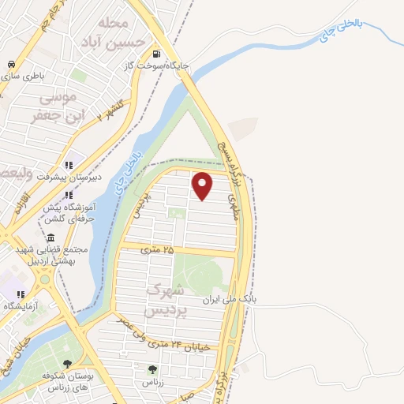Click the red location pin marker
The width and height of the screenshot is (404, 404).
(x=203, y=185)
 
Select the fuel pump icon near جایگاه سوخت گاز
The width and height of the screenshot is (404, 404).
(x=156, y=54)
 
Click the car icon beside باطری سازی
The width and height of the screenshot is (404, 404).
(x=9, y=64)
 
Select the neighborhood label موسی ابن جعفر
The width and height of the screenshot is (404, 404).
(x=54, y=107)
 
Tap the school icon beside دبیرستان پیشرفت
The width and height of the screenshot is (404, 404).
(x=69, y=165)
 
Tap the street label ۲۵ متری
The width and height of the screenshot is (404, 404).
(x=157, y=249)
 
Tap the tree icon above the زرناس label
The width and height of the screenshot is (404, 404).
(x=151, y=369)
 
